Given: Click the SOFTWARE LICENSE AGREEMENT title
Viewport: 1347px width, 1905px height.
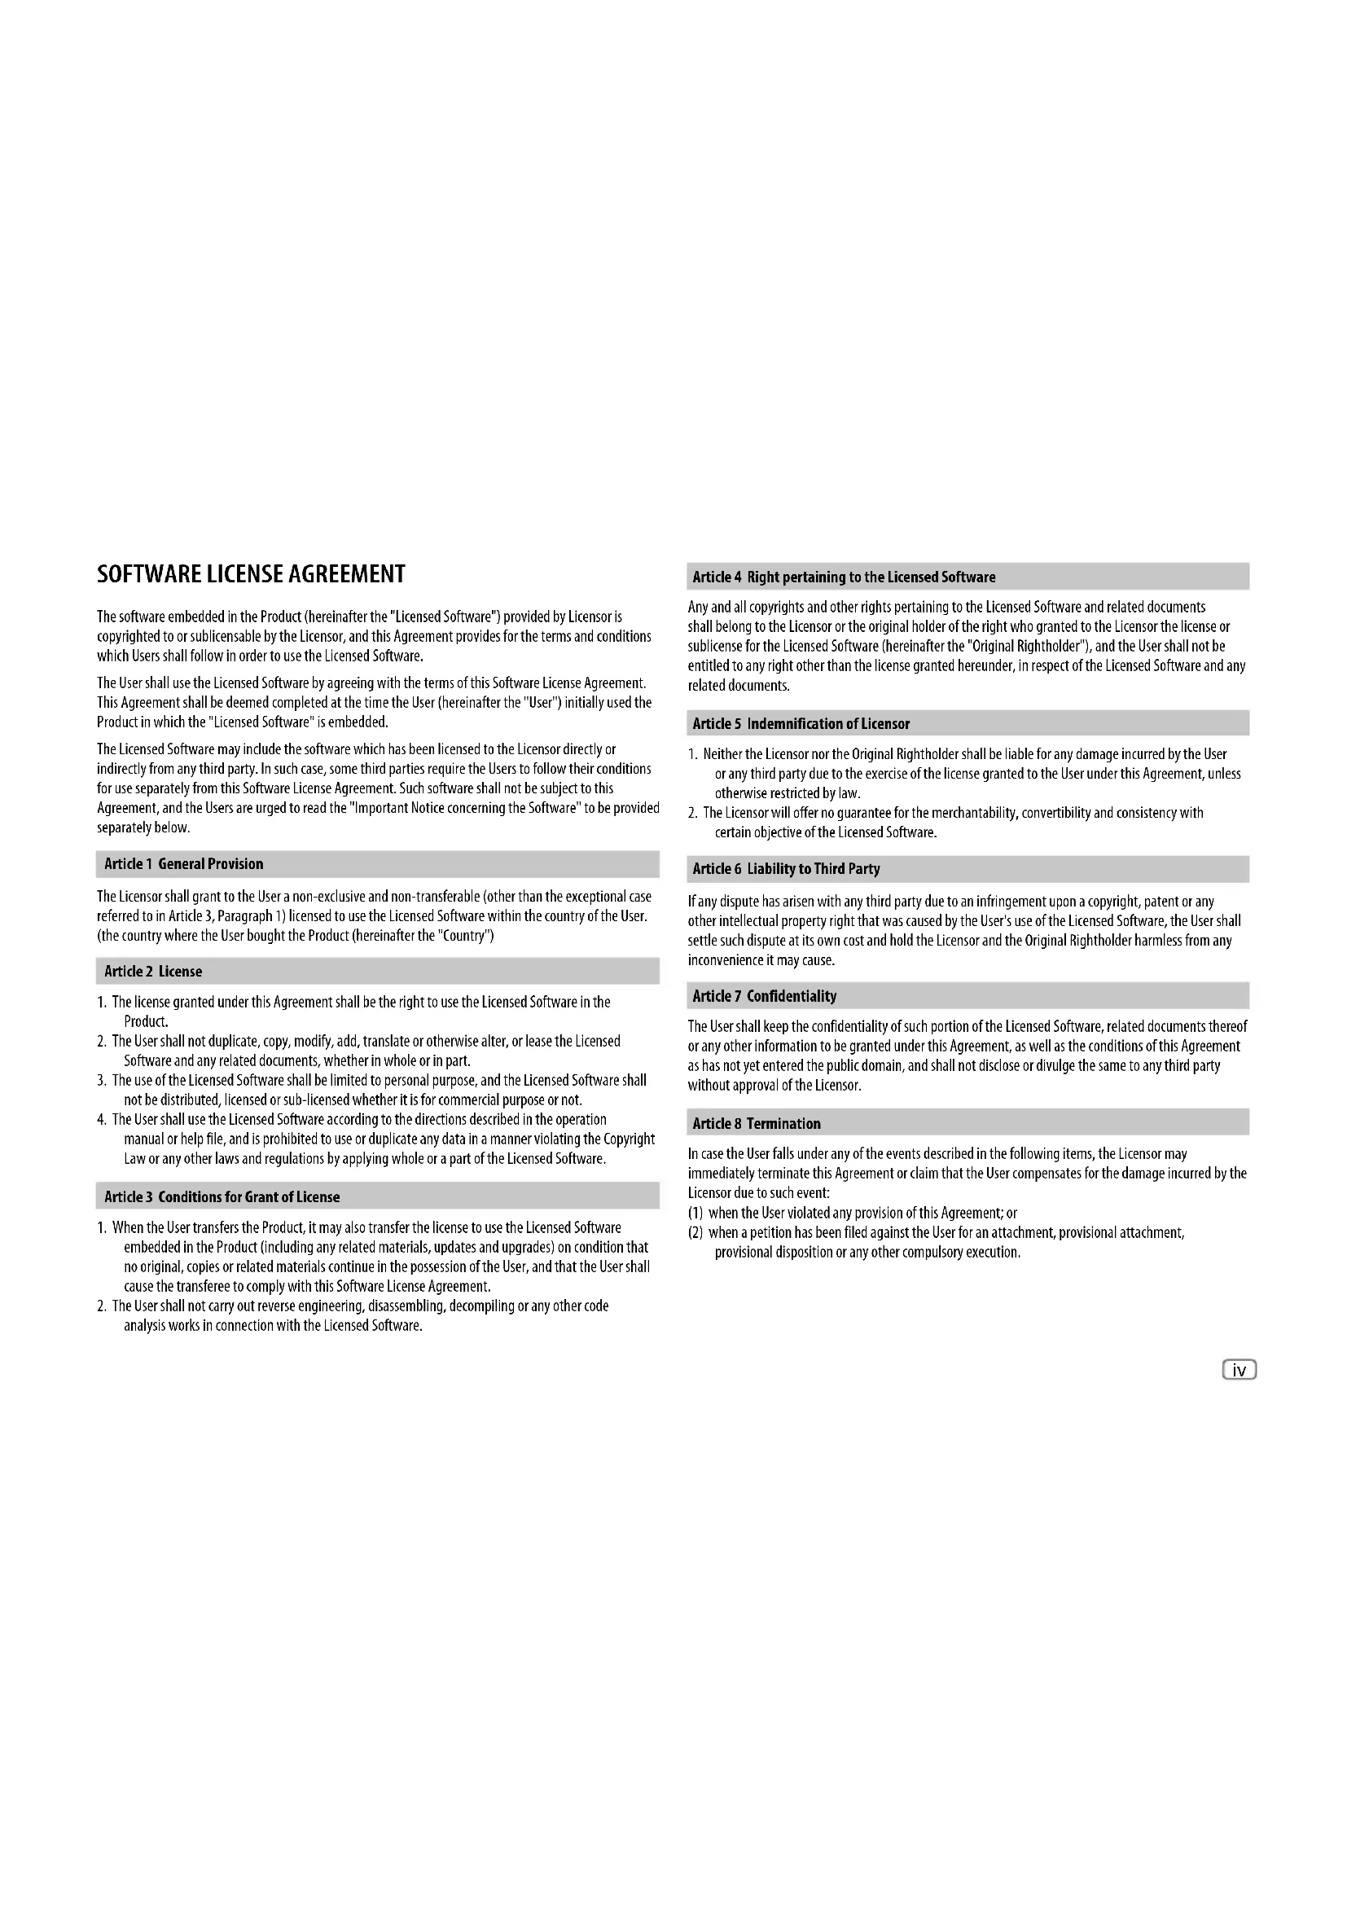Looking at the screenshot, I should click(x=252, y=574).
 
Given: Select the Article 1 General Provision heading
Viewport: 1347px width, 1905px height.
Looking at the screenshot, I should click(x=183, y=863).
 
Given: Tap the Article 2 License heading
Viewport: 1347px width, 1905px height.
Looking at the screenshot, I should click(x=153, y=971).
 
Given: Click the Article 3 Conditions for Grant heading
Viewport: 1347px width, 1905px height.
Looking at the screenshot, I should click(x=222, y=1196).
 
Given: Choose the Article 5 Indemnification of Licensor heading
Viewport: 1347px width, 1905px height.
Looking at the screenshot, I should click(x=801, y=723).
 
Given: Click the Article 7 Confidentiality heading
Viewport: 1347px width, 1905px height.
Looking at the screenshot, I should click(x=764, y=995).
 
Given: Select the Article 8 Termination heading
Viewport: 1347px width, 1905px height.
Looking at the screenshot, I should click(x=757, y=1123).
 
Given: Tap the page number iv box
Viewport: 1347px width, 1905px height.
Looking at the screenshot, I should click(x=1240, y=1370).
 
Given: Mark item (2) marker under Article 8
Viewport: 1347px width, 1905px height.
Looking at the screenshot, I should click(x=695, y=1232).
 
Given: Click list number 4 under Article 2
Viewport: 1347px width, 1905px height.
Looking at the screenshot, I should click(x=101, y=1120).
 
